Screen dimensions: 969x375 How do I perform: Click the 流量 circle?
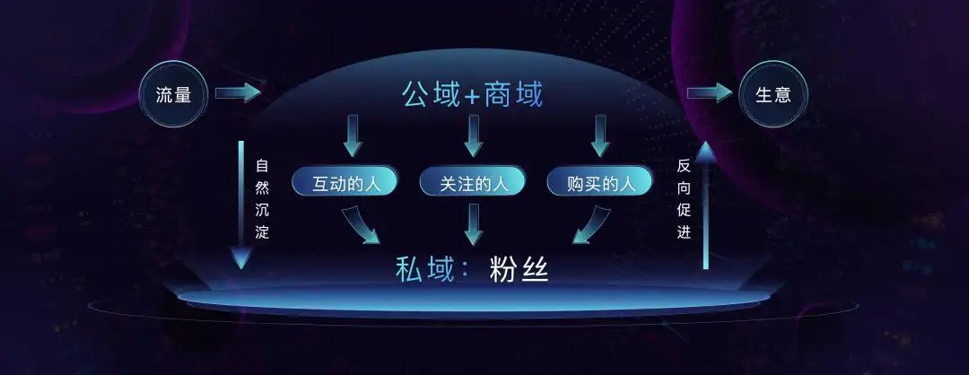[x=174, y=94]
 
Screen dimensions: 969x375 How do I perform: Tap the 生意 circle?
[x=773, y=94]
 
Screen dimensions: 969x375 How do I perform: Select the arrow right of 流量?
[x=237, y=92]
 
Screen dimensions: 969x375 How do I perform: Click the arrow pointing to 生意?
[x=709, y=93]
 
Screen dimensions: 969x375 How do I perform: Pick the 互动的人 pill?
[x=345, y=184]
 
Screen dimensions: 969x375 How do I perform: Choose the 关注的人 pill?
[x=473, y=184]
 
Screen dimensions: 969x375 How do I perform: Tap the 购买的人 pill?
[x=600, y=184]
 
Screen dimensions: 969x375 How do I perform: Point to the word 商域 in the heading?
[x=513, y=93]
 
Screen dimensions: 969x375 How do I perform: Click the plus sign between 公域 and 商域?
[x=472, y=97]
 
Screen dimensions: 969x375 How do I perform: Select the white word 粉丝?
[x=519, y=268]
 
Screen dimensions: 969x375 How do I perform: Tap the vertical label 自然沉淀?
[x=262, y=199]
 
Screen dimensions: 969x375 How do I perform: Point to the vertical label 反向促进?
[x=684, y=199]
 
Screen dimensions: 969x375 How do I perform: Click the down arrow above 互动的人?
[x=353, y=135]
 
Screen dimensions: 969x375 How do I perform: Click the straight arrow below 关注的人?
[x=474, y=224]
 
